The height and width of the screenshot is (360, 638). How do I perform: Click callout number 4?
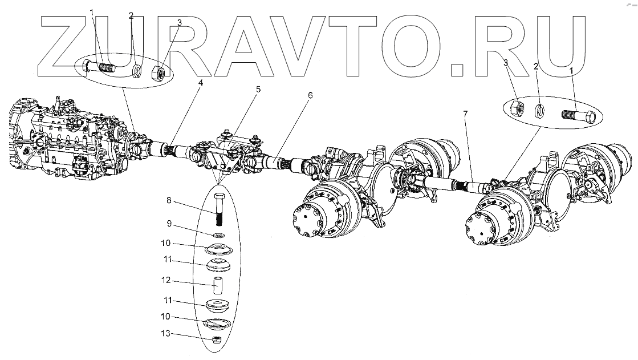click(200, 82)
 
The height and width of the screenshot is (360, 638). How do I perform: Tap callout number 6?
click(310, 95)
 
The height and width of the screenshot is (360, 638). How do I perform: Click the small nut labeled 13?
click(217, 340)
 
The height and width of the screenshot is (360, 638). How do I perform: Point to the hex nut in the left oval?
click(159, 72)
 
